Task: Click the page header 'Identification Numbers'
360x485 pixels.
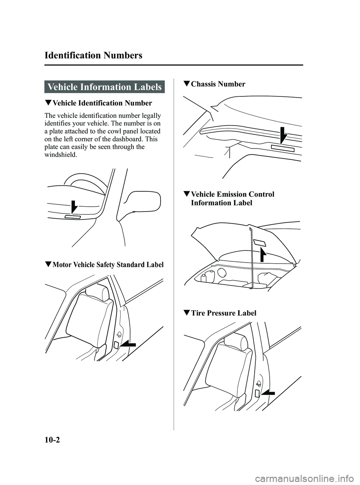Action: click(93, 56)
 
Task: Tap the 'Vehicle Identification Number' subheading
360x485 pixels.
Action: click(102, 103)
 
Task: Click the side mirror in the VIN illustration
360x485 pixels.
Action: click(140, 205)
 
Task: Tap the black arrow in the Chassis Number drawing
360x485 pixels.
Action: click(283, 137)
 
